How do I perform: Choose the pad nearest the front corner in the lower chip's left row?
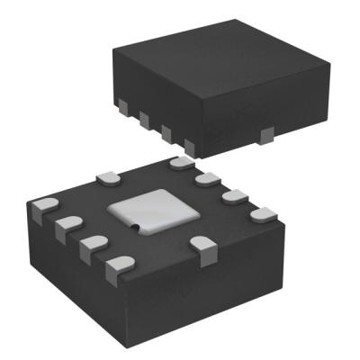[117, 265]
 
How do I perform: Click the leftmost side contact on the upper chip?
[119, 102]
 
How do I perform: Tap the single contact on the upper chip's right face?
[265, 136]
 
